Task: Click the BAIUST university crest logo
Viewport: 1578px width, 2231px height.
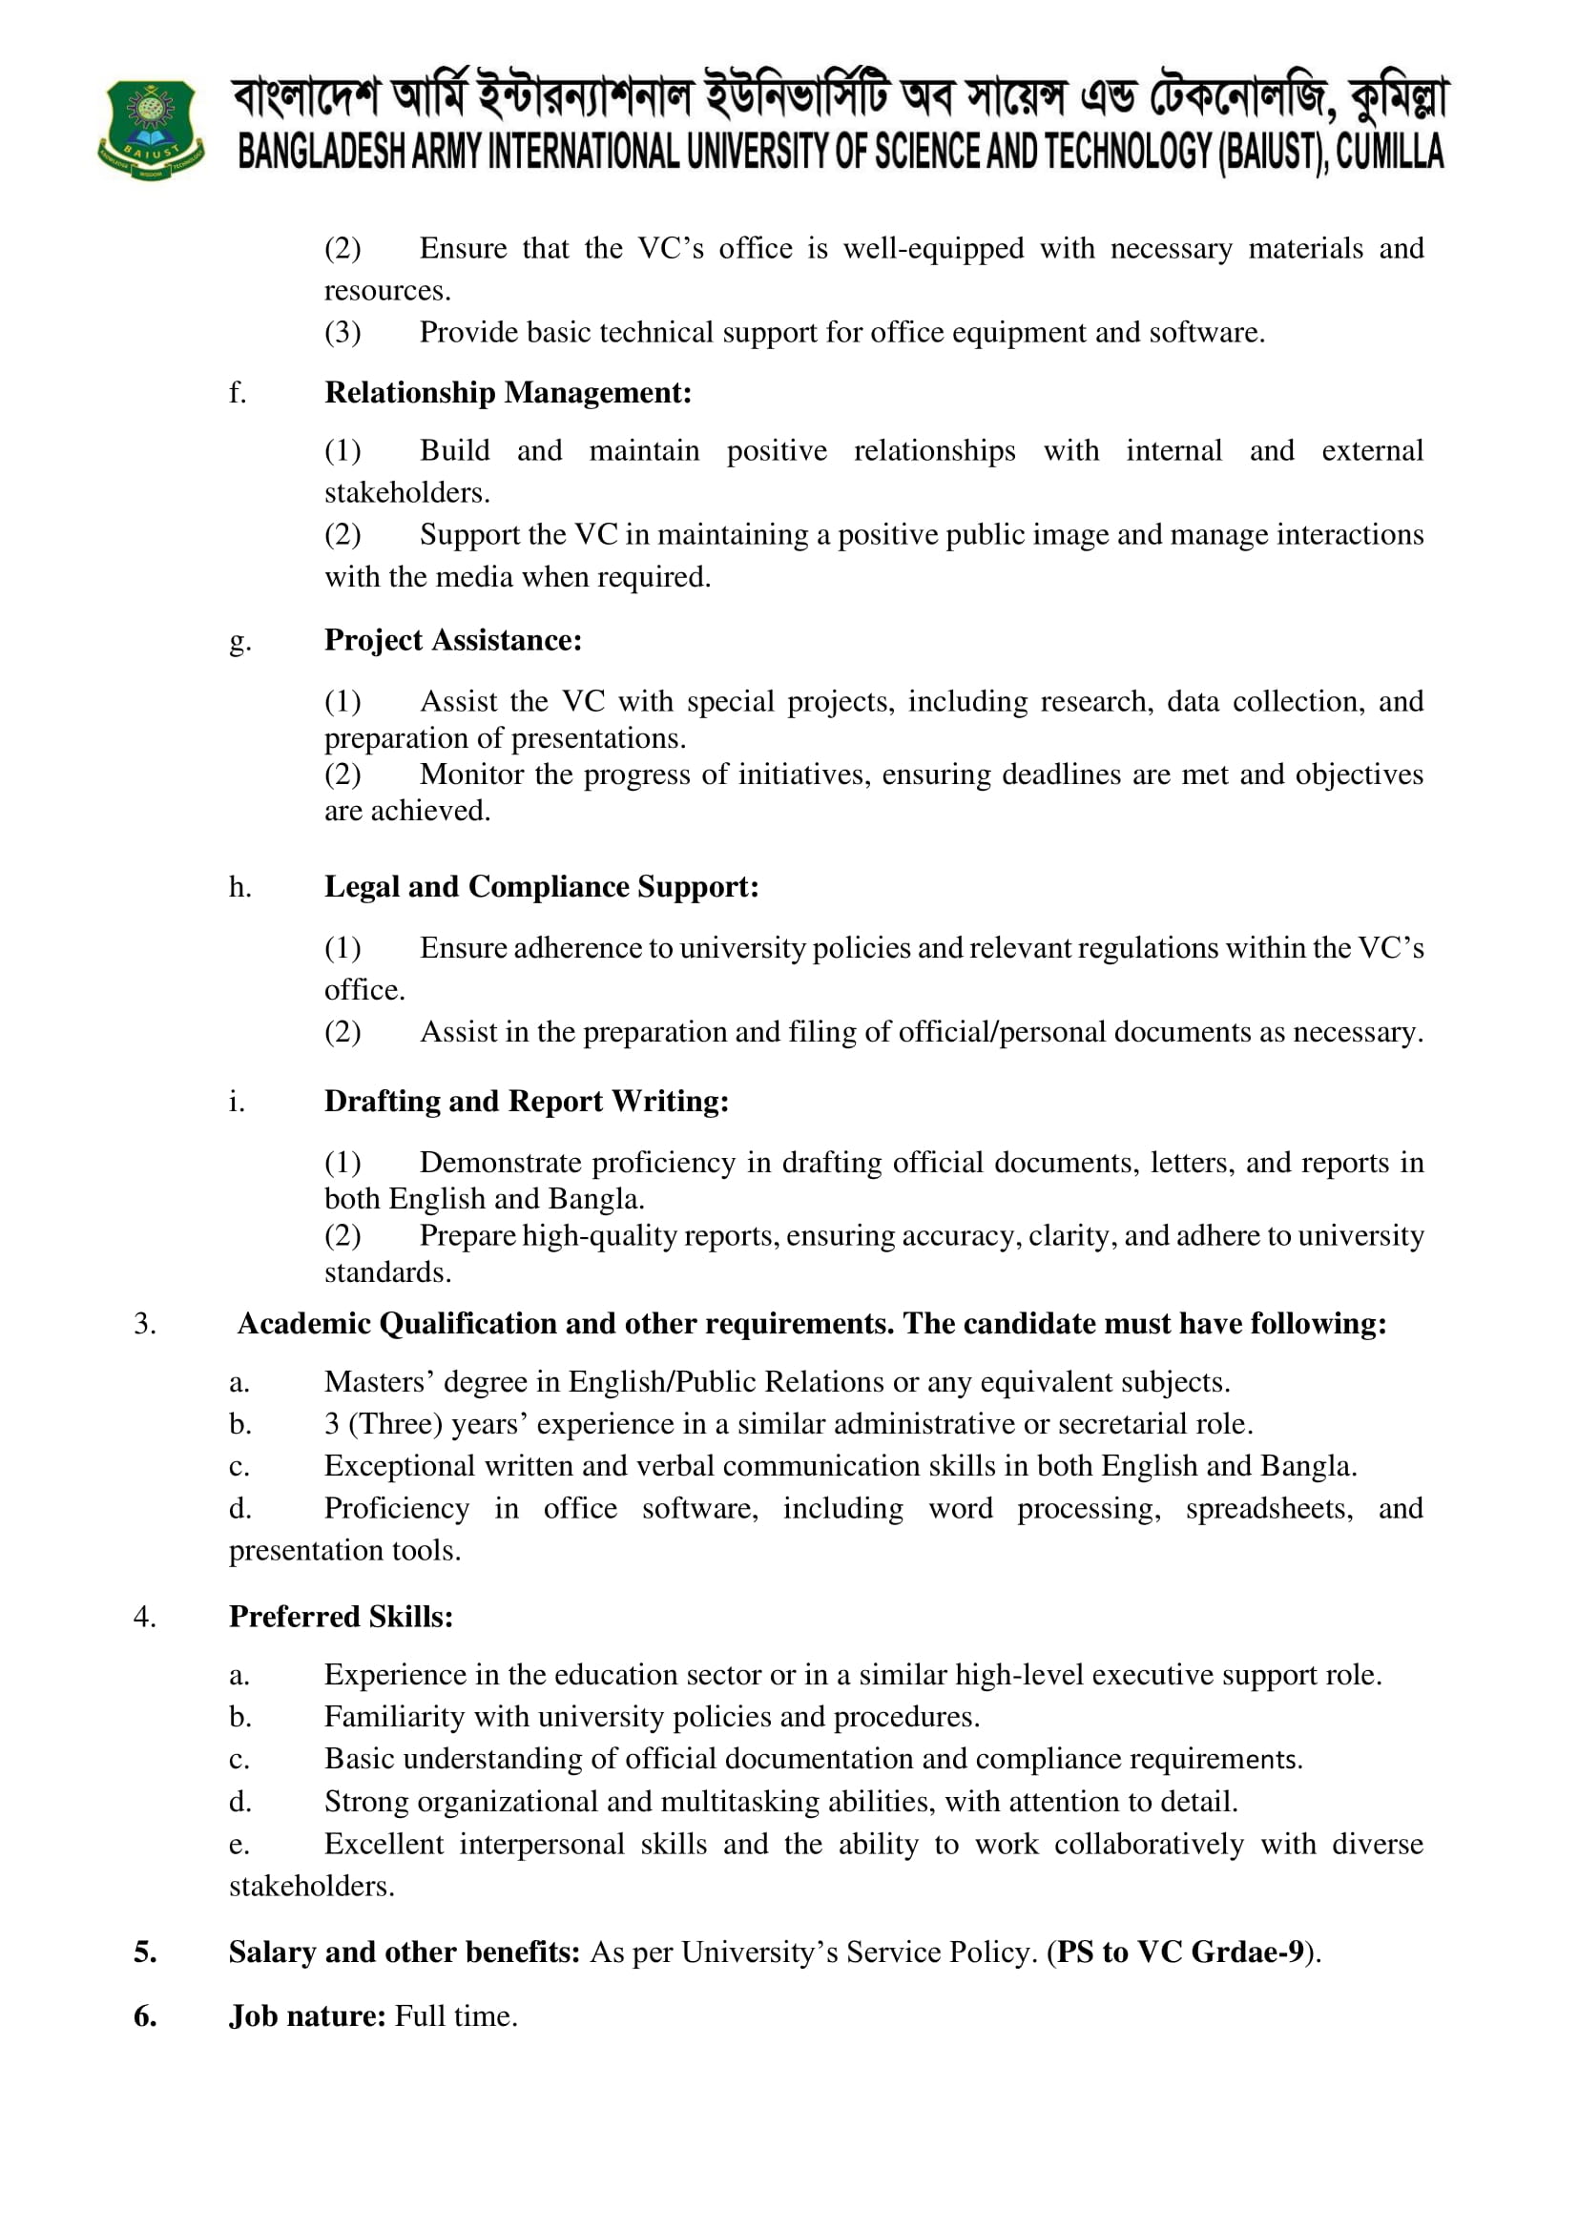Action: pyautogui.click(x=151, y=129)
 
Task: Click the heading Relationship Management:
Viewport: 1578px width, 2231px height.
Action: pyautogui.click(x=508, y=393)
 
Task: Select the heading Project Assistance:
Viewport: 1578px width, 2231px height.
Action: pyautogui.click(x=453, y=640)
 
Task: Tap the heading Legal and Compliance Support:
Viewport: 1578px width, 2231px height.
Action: pyautogui.click(x=541, y=886)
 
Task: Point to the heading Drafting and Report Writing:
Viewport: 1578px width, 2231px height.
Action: pyautogui.click(x=526, y=1101)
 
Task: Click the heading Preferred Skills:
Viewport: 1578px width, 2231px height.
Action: pyautogui.click(x=341, y=1616)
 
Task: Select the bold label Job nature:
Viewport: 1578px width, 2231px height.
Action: pyautogui.click(x=308, y=2016)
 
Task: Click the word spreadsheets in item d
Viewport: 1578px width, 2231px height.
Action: pyautogui.click(x=1268, y=1508)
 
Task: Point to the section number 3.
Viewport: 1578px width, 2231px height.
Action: pyautogui.click(x=145, y=1324)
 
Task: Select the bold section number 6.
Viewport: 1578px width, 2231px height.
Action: pyautogui.click(x=145, y=2016)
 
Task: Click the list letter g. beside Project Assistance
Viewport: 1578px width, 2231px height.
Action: pyautogui.click(x=239, y=641)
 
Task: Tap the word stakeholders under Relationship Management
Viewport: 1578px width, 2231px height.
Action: pyautogui.click(x=406, y=492)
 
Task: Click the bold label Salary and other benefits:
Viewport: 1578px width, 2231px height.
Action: pyautogui.click(x=405, y=1952)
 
